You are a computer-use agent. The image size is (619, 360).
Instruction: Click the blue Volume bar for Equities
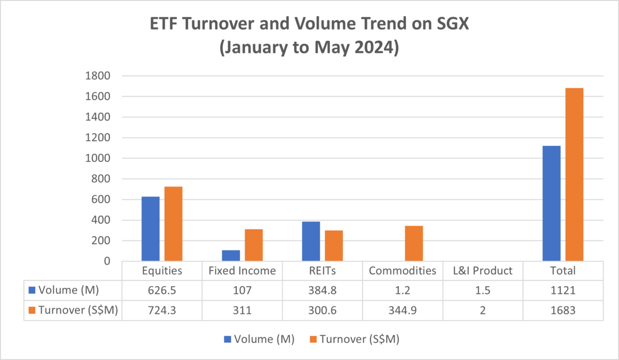coord(151,229)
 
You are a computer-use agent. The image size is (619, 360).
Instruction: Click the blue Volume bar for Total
coord(551,203)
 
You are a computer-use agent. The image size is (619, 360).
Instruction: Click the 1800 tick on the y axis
coord(100,76)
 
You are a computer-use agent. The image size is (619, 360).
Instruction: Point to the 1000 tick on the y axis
coord(100,158)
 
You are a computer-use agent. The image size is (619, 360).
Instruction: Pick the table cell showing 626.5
coord(162,290)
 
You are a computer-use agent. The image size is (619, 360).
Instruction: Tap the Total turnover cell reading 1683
coord(563,310)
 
